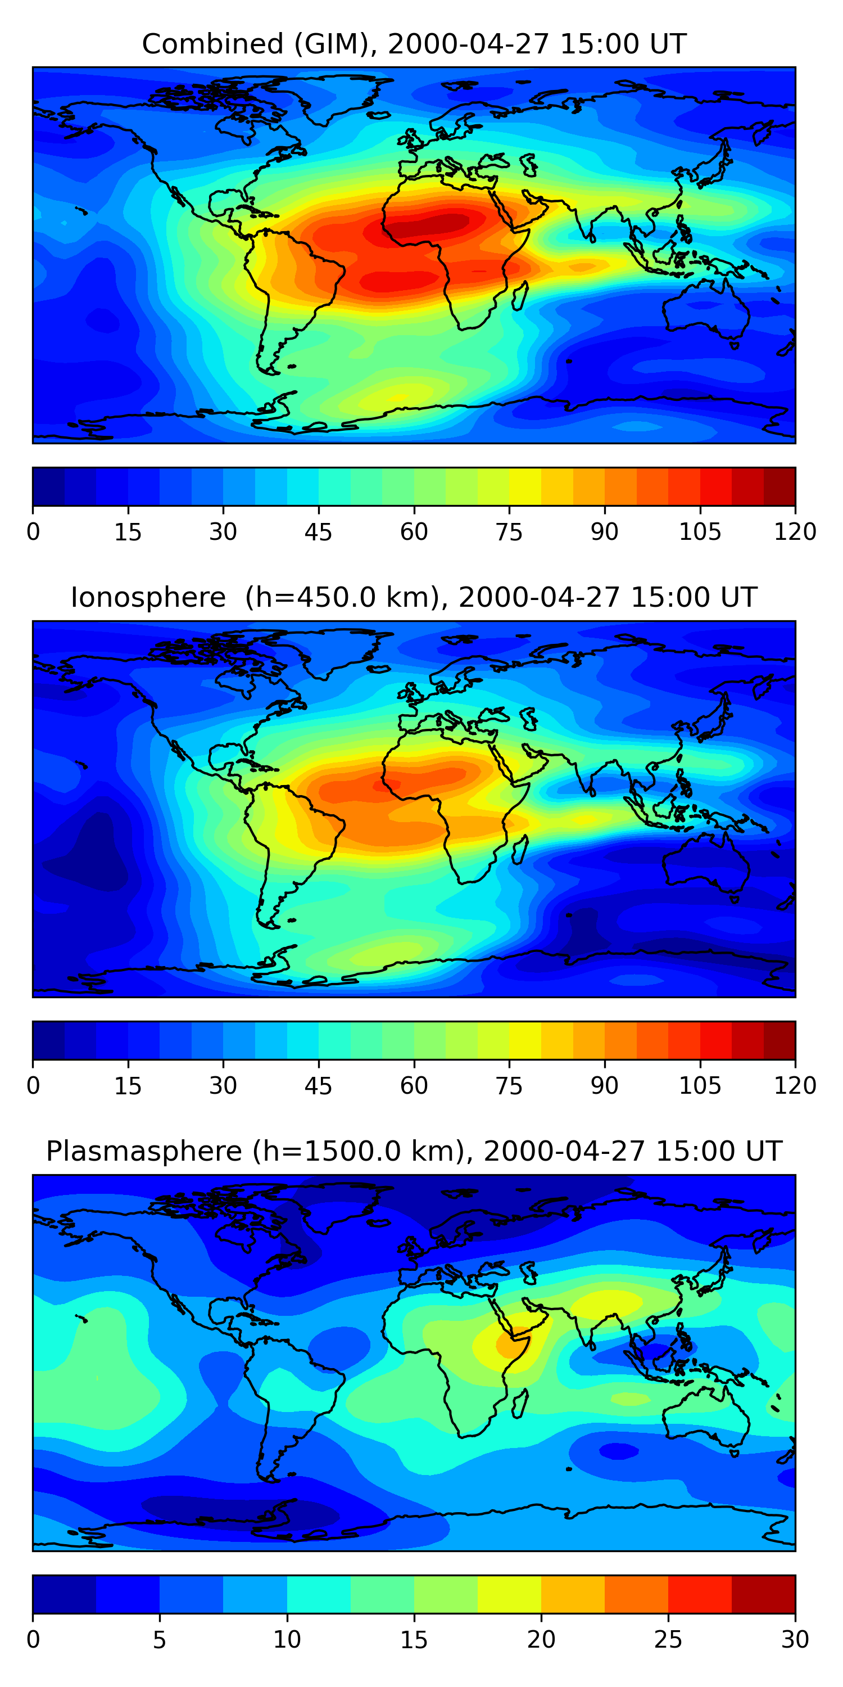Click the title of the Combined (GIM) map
pos(414,44)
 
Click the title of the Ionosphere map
pos(414,598)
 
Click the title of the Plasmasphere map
pos(414,1151)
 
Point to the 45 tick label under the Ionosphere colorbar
pos(318,1086)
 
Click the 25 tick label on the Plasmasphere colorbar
pos(668,1639)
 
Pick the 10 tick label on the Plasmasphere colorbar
pos(287,1639)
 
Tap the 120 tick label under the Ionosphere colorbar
pos(795,1086)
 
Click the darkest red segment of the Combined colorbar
pos(779,486)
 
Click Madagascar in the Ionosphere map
pos(520,849)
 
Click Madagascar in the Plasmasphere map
pos(520,1403)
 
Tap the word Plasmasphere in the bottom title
pos(144,1151)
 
